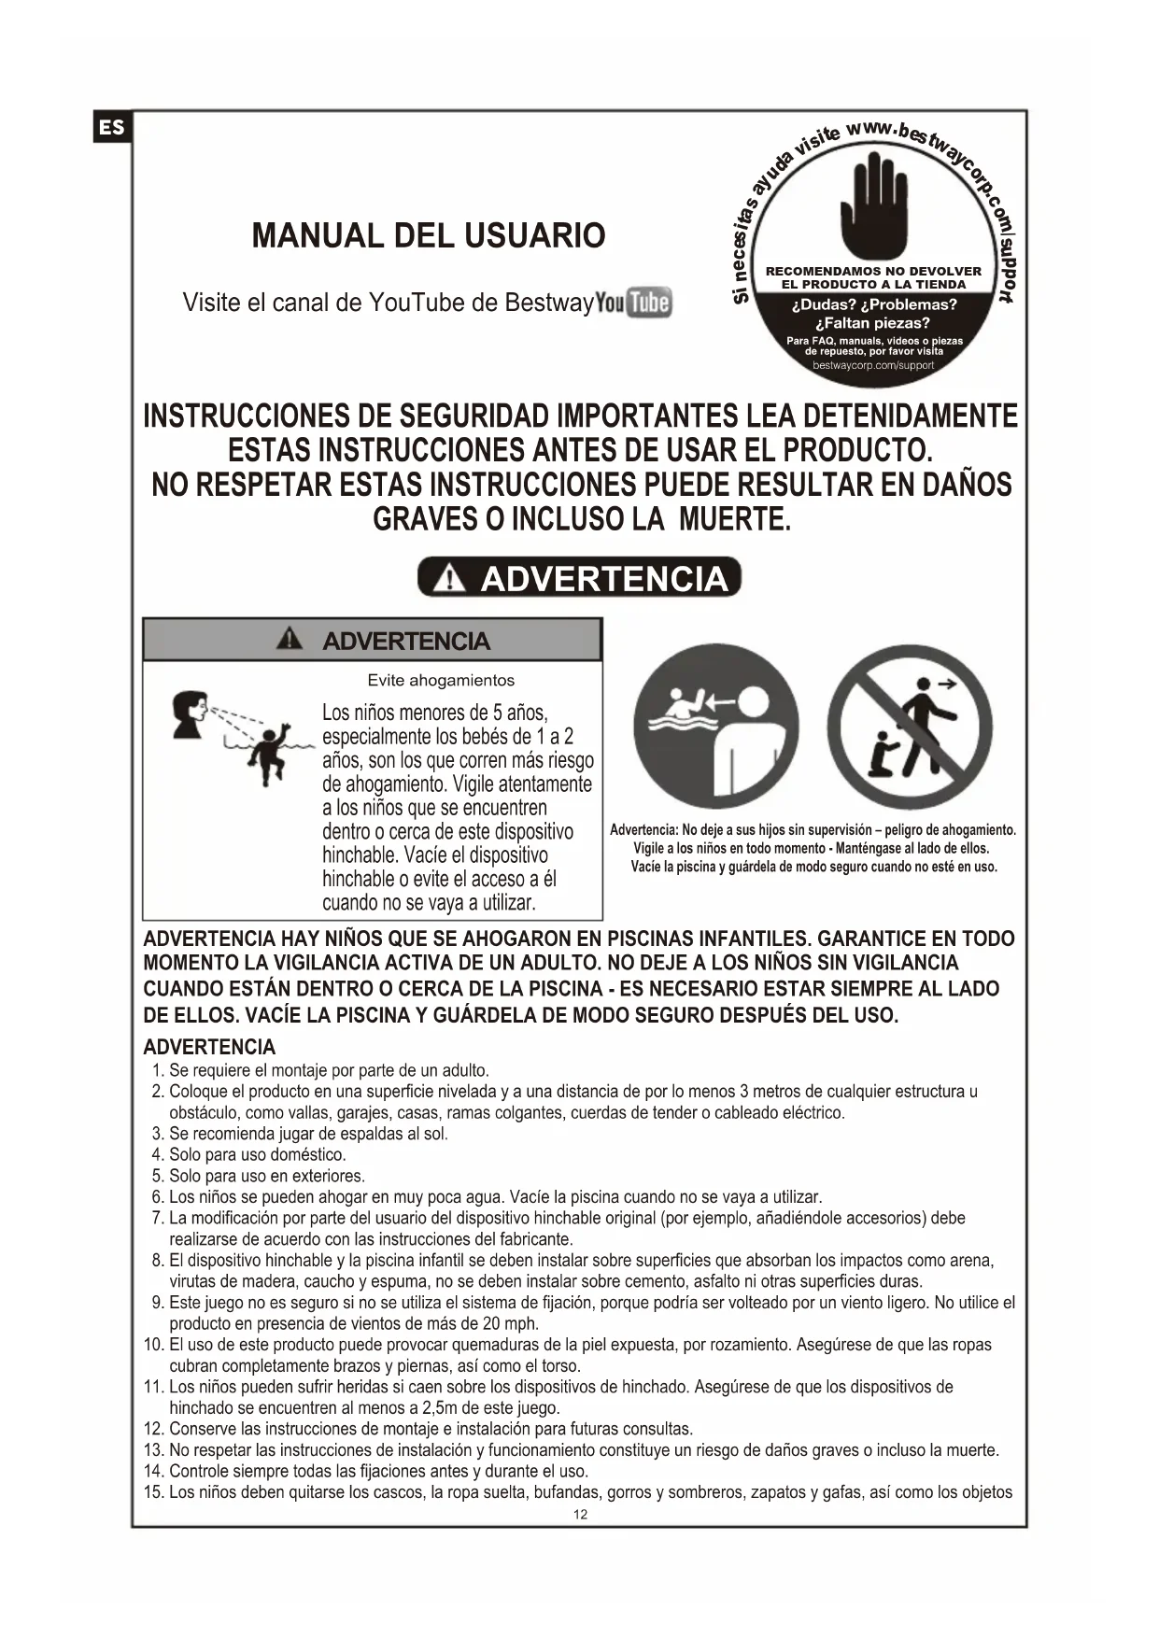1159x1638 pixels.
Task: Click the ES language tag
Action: tap(112, 127)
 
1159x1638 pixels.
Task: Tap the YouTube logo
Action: tap(634, 303)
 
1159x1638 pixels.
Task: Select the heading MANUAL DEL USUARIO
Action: tap(429, 235)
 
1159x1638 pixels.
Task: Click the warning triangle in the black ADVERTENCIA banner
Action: tap(450, 579)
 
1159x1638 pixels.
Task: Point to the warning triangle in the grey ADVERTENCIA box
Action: tap(290, 640)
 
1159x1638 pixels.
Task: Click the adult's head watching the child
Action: tap(191, 713)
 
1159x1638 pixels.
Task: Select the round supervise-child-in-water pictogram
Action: tap(716, 727)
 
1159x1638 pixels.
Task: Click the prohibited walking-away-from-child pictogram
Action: tap(910, 727)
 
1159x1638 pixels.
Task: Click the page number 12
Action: tap(580, 1515)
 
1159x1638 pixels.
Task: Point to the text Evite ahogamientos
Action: tap(441, 680)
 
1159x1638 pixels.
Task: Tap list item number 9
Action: tap(158, 1303)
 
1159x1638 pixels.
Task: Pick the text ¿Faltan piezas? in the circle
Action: tap(873, 323)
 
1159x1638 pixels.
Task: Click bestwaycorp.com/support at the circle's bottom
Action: tap(873, 365)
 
